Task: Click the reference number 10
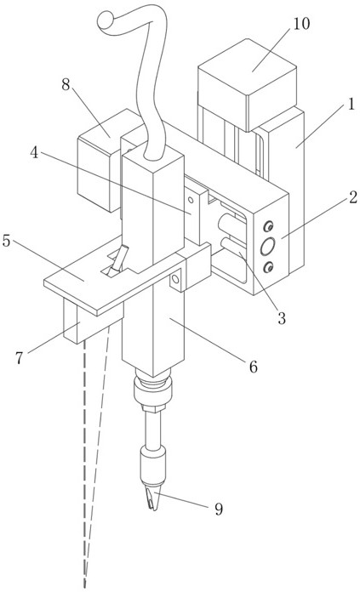(x=301, y=24)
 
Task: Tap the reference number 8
(x=66, y=85)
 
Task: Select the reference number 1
(x=351, y=104)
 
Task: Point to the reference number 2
(x=353, y=197)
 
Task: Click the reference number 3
(x=282, y=318)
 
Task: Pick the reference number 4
(x=34, y=152)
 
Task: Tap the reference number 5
(x=6, y=241)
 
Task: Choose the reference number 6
(x=253, y=367)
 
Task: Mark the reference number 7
(x=20, y=357)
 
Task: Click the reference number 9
(x=219, y=509)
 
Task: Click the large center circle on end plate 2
(x=267, y=247)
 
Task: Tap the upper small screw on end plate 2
(x=269, y=226)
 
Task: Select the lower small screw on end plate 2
(x=269, y=267)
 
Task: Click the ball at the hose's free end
(x=106, y=20)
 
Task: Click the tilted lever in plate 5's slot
(x=118, y=259)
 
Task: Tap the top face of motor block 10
(x=248, y=66)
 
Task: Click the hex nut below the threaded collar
(x=153, y=407)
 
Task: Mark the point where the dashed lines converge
(x=84, y=585)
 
